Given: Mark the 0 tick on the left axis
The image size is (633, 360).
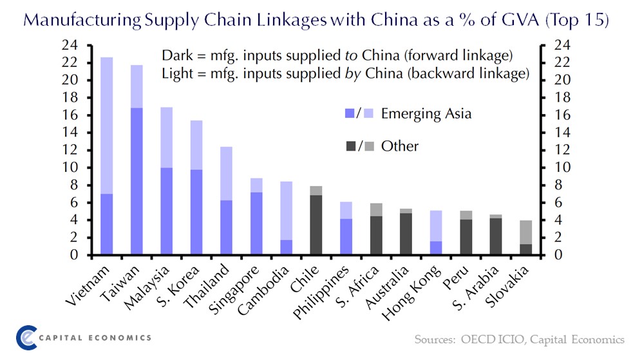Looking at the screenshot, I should click(x=73, y=256).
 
